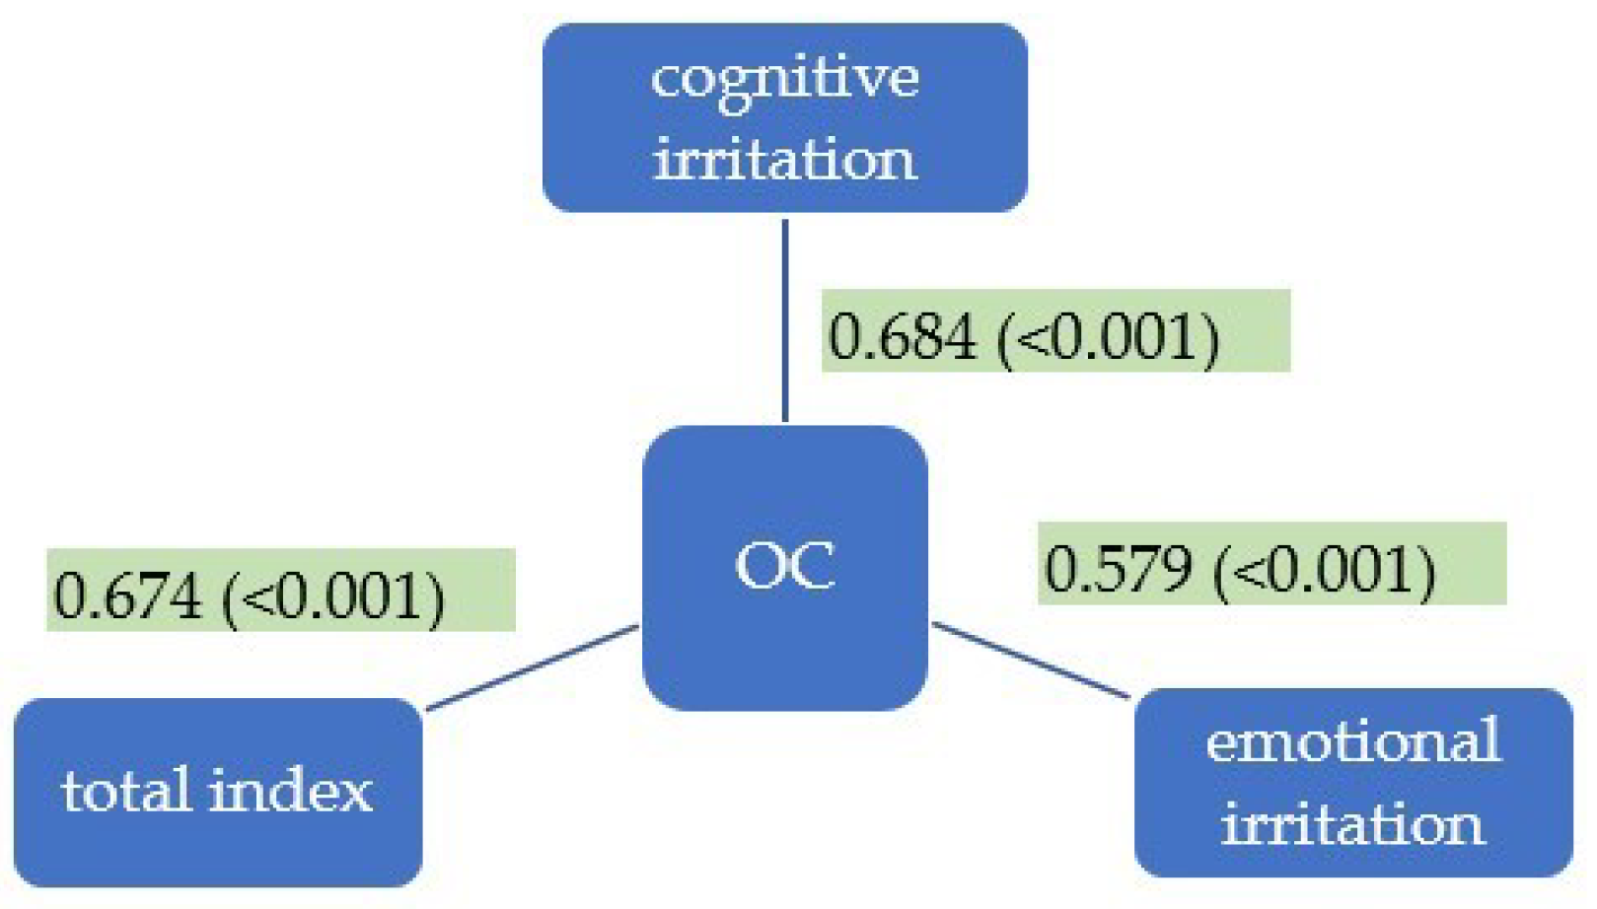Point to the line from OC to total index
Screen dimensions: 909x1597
(x=533, y=666)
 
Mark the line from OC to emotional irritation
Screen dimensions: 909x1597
(x=1031, y=661)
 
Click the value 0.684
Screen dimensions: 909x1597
(x=902, y=336)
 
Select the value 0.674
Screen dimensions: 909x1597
(x=126, y=595)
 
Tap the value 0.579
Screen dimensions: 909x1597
(x=1118, y=569)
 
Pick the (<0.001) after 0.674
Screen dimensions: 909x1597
(x=333, y=597)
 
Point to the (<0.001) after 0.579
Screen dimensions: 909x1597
(x=1325, y=571)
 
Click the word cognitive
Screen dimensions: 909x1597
(x=785, y=79)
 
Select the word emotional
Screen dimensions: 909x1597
(x=1353, y=741)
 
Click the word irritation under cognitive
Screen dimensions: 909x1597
(x=785, y=160)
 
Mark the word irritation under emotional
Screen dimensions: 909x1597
(x=1352, y=824)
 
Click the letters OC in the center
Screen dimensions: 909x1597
(x=785, y=566)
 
